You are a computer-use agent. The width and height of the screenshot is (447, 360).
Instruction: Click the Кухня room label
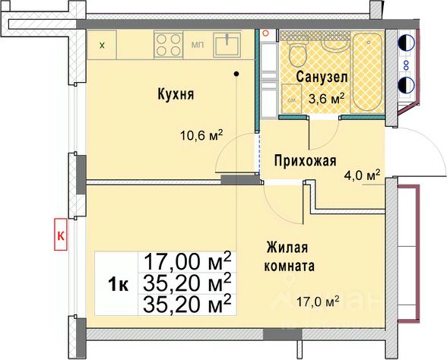176,95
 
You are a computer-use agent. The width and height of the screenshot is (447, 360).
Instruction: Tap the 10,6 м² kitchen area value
198,137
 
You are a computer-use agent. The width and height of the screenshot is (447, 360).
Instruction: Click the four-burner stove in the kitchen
170,43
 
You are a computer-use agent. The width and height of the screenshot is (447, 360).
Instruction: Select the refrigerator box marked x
103,45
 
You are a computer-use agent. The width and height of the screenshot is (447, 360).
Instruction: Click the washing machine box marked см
291,98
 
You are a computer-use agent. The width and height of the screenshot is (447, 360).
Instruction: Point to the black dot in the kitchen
237,74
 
